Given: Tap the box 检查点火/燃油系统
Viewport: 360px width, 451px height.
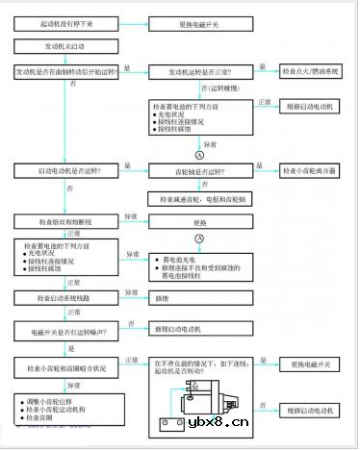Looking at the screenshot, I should pos(310,71).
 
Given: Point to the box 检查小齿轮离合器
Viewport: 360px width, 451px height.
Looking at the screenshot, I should pos(310,170).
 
